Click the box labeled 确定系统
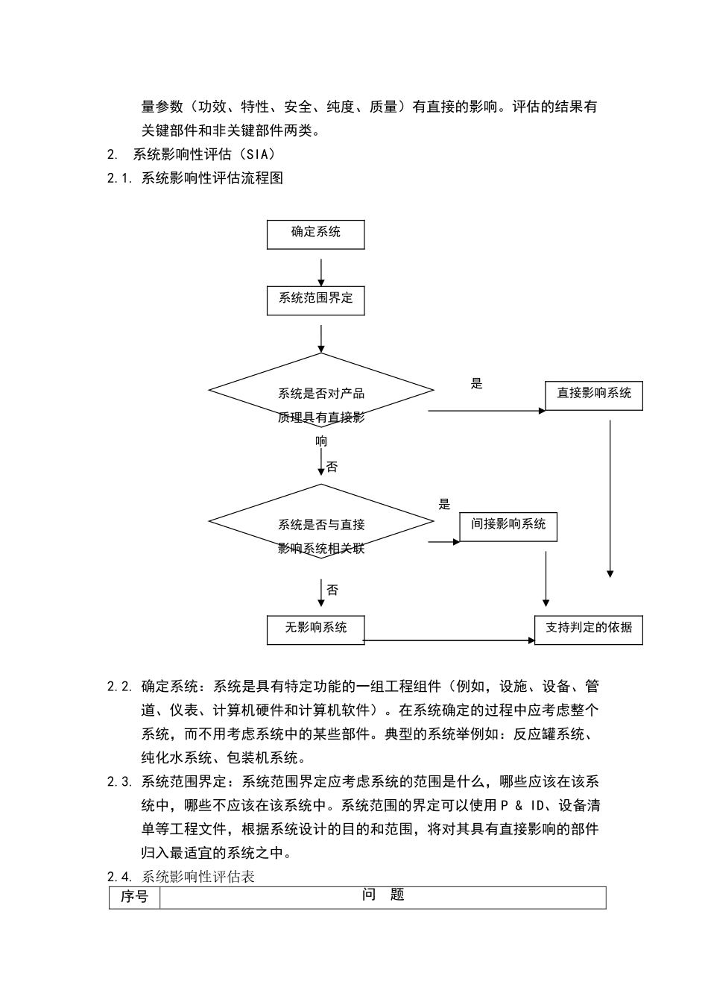(315, 234)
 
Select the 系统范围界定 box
(315, 300)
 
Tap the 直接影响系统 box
(594, 394)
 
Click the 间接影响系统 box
(508, 526)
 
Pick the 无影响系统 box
(315, 629)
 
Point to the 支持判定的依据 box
(589, 629)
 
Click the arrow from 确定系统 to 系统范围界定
(321, 272)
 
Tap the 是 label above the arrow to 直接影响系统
(477, 384)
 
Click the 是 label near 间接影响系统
(444, 505)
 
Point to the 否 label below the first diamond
(332, 467)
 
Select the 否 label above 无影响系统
(332, 590)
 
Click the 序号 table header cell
(134, 897)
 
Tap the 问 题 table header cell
(383, 895)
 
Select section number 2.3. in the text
(119, 782)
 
